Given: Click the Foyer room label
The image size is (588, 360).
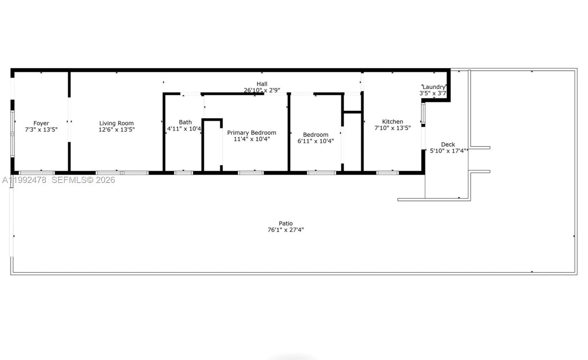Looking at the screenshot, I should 41,123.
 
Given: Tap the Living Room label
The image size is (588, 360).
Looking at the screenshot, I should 116,123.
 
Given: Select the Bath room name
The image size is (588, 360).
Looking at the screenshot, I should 185,122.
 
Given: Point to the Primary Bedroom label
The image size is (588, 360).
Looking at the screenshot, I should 252,133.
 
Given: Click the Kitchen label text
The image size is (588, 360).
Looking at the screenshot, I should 392,122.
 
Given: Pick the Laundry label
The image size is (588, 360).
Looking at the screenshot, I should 434,87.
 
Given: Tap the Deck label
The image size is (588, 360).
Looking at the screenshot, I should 448,144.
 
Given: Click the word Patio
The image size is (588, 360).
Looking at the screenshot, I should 286,223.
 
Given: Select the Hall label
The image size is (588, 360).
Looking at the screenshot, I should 262,84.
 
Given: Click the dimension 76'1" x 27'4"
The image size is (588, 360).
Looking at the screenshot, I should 286,230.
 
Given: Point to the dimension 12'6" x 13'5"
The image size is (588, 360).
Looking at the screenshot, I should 116,130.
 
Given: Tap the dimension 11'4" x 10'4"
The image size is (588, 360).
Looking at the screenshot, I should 252,139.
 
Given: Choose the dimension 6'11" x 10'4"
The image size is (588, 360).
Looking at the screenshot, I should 316,141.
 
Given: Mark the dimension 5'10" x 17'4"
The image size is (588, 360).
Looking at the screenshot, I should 448,151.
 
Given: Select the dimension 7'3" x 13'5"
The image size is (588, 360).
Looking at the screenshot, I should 41,130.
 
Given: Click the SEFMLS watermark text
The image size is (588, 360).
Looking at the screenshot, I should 83,180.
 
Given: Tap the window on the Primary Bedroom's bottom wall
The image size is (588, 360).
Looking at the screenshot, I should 251,173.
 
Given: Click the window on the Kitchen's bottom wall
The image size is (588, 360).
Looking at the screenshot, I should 387,173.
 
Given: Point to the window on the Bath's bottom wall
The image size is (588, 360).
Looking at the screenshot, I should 183,173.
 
